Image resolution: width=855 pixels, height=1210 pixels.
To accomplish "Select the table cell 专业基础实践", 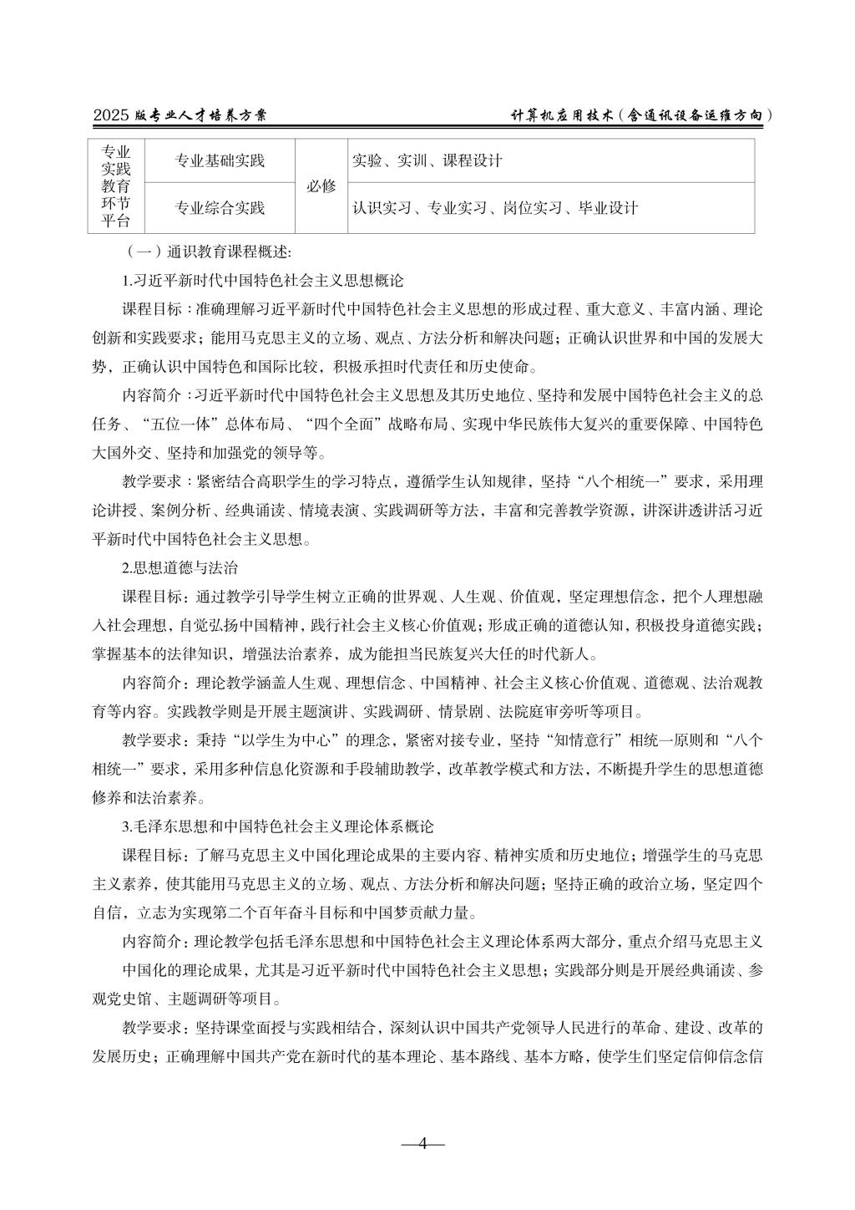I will [220, 160].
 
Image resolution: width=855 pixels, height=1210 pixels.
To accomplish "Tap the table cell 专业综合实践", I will [220, 207].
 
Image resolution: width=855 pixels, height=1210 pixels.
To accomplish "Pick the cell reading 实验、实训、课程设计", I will [427, 160].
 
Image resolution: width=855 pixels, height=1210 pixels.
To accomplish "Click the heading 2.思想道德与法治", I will [180, 568].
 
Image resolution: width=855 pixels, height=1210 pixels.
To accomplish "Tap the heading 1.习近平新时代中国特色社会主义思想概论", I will [263, 279].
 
